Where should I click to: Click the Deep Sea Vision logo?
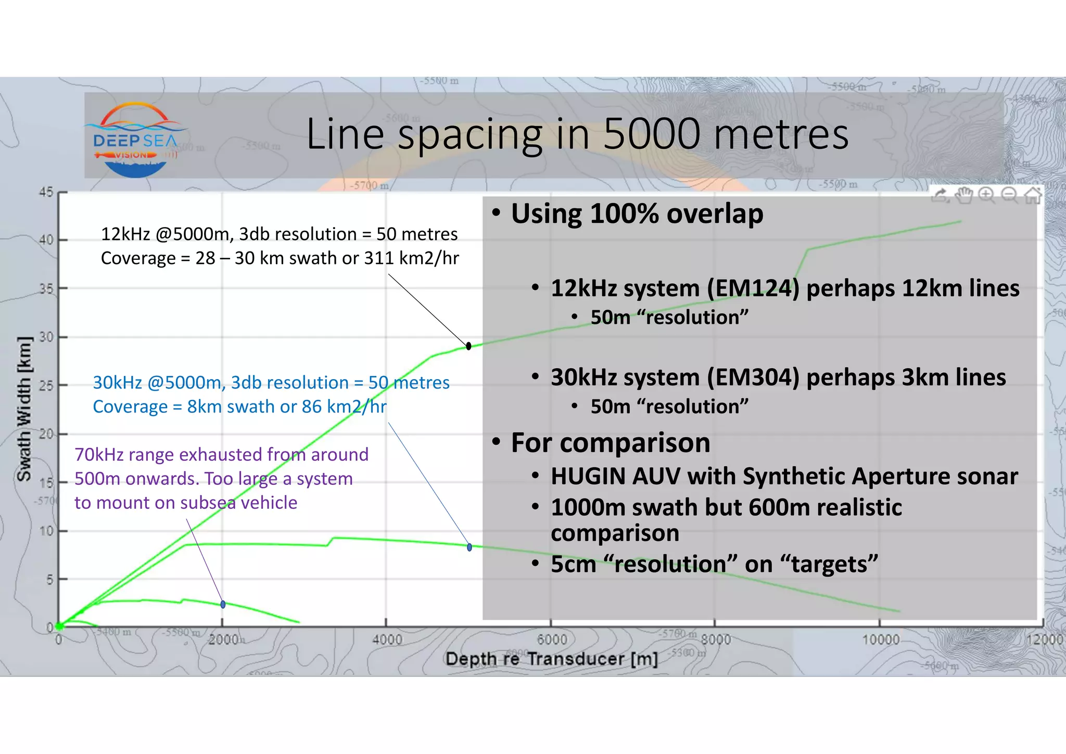(136, 140)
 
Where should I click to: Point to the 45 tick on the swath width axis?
(47, 192)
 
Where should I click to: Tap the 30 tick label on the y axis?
(47, 337)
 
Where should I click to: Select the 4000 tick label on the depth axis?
(387, 639)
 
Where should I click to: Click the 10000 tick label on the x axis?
(880, 639)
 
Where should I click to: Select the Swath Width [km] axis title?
(24, 409)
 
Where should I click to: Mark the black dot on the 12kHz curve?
(468, 346)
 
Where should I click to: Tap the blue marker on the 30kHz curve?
(469, 547)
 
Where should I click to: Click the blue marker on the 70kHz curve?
(223, 605)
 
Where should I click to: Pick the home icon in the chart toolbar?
(1033, 195)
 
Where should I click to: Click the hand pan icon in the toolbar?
(964, 195)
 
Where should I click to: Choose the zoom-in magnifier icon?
(986, 195)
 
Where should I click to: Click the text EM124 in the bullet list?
(753, 288)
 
